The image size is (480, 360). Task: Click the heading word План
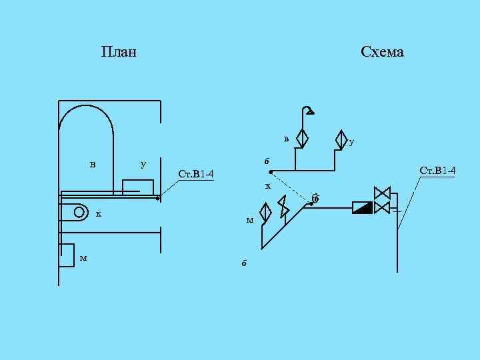119,52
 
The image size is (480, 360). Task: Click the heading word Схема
382,52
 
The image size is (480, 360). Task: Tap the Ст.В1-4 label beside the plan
196,175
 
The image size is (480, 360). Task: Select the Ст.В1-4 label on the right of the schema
437,171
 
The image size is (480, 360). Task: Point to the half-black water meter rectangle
362,207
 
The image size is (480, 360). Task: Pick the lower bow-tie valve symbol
382,208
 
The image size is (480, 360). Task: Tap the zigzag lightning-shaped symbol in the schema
284,207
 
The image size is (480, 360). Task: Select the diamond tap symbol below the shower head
301,138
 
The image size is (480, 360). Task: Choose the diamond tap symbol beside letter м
265,213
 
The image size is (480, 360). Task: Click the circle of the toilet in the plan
79,212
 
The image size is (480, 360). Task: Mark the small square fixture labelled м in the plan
67,255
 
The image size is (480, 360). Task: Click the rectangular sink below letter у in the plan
138,186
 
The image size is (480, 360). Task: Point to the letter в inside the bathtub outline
93,164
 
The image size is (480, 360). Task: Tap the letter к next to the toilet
99,214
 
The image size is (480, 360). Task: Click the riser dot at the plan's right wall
158,198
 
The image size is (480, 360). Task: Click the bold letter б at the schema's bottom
244,263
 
